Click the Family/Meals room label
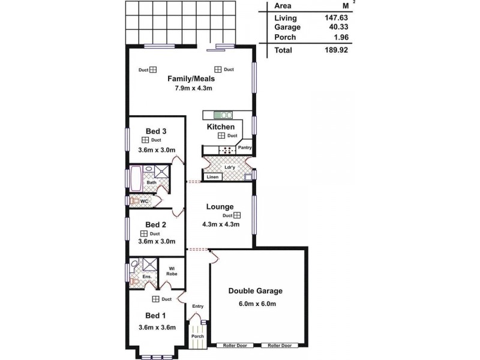pos(191,79)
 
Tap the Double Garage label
pos(255,291)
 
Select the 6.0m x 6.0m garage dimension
pos(255,304)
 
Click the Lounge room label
pos(220,207)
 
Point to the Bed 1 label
pos(156,316)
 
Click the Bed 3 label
pos(156,131)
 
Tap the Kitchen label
pos(221,127)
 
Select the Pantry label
pos(244,147)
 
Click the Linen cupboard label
pos(212,177)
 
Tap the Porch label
pos(197,337)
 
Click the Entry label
pos(197,307)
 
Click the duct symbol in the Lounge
pos(237,215)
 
